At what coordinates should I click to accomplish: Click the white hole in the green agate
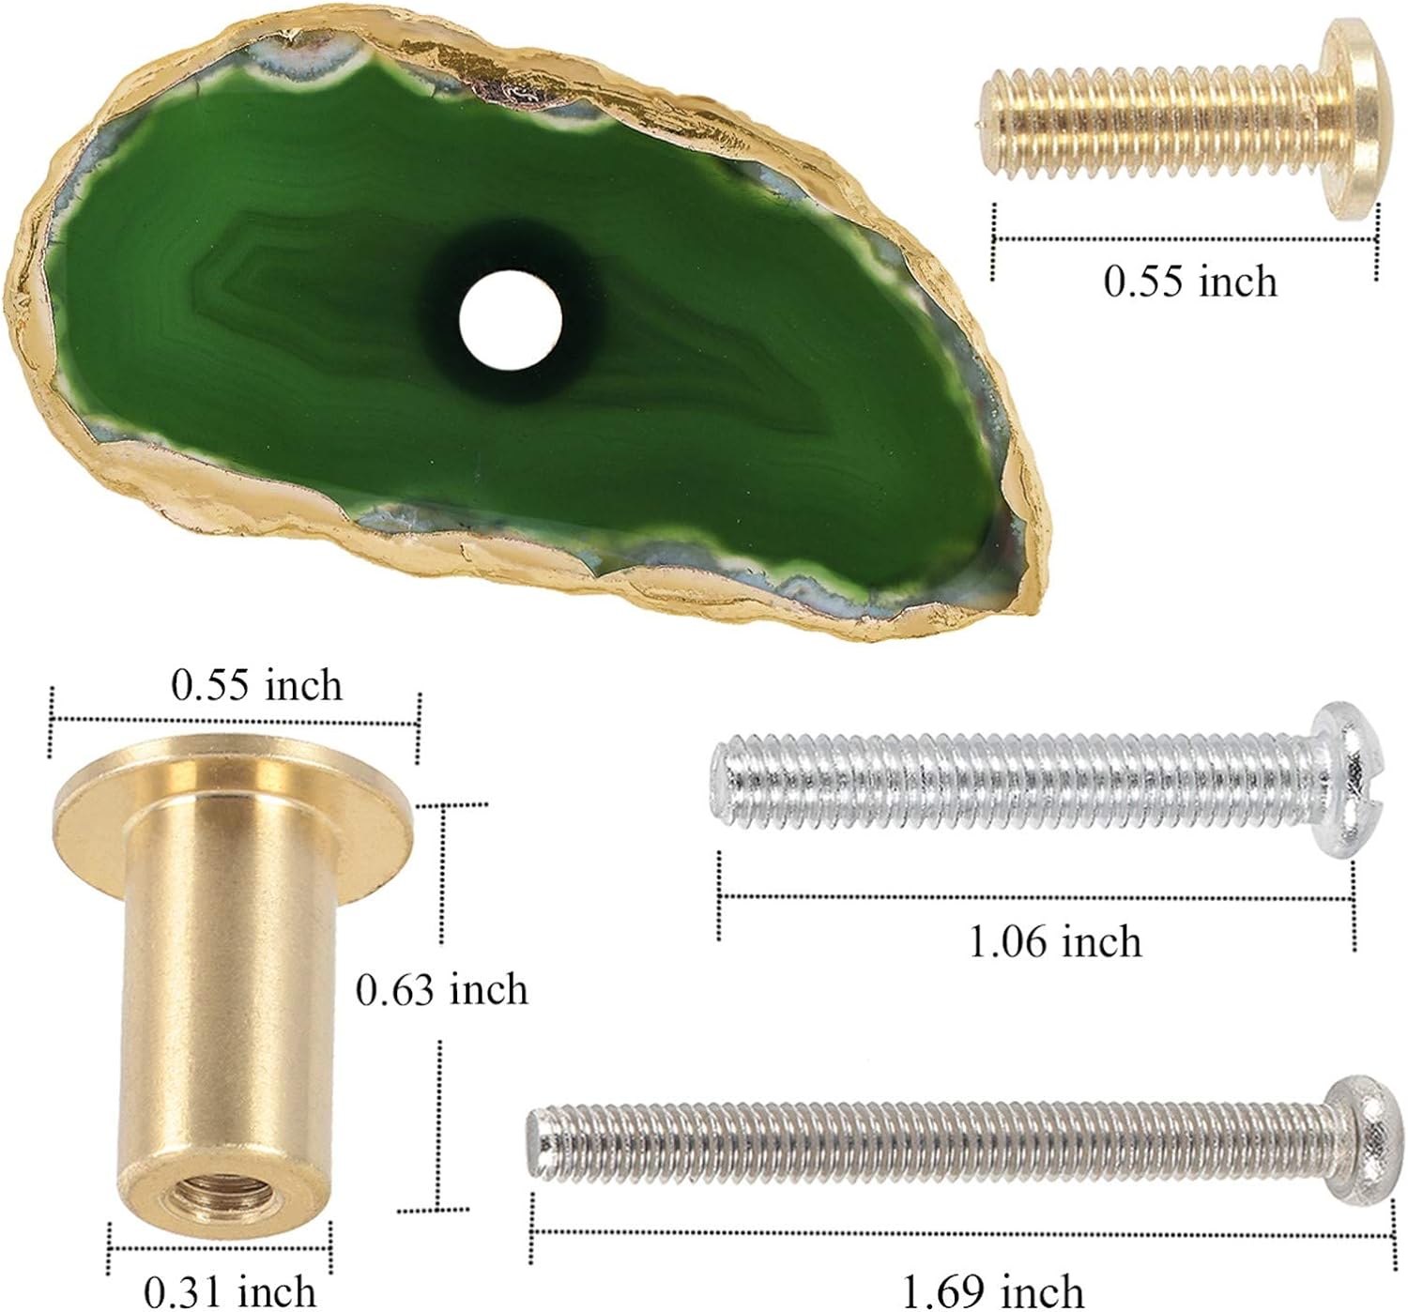[511, 320]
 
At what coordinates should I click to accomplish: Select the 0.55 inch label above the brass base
[256, 686]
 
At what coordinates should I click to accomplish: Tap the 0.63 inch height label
[442, 990]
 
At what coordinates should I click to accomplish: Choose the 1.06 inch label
[1055, 942]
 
